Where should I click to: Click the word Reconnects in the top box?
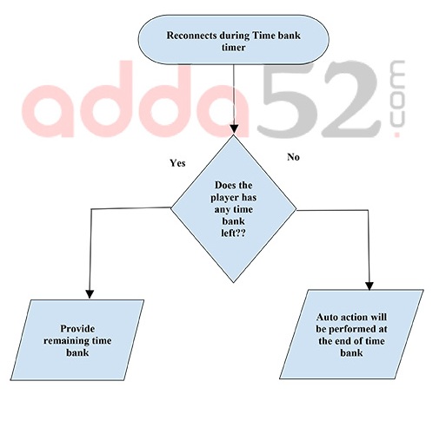click(x=191, y=36)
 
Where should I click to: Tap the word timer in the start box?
click(x=234, y=48)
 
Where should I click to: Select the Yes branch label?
click(x=177, y=163)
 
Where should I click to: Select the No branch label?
click(x=293, y=157)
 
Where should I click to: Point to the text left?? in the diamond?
click(x=233, y=233)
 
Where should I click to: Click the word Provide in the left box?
click(x=77, y=329)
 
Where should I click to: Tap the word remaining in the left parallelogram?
click(x=67, y=340)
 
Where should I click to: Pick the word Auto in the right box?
click(x=327, y=317)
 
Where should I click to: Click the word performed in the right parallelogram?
click(x=351, y=330)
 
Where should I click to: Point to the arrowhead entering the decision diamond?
click(x=234, y=129)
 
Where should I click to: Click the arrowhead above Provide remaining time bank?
click(x=90, y=293)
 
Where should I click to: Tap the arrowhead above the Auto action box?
click(x=369, y=286)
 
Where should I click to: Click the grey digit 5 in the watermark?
click(x=288, y=98)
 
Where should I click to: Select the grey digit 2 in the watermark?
click(x=350, y=99)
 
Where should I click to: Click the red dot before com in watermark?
click(x=396, y=134)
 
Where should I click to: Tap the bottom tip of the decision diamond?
click(x=234, y=282)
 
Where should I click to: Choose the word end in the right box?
click(x=342, y=341)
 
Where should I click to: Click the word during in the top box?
click(x=235, y=36)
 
